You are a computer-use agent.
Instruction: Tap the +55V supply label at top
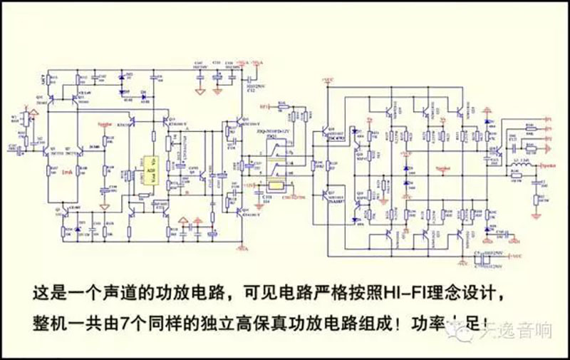coord(328,79)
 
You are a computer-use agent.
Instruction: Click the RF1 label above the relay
coord(263,107)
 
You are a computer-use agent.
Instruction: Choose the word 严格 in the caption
coord(355,292)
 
